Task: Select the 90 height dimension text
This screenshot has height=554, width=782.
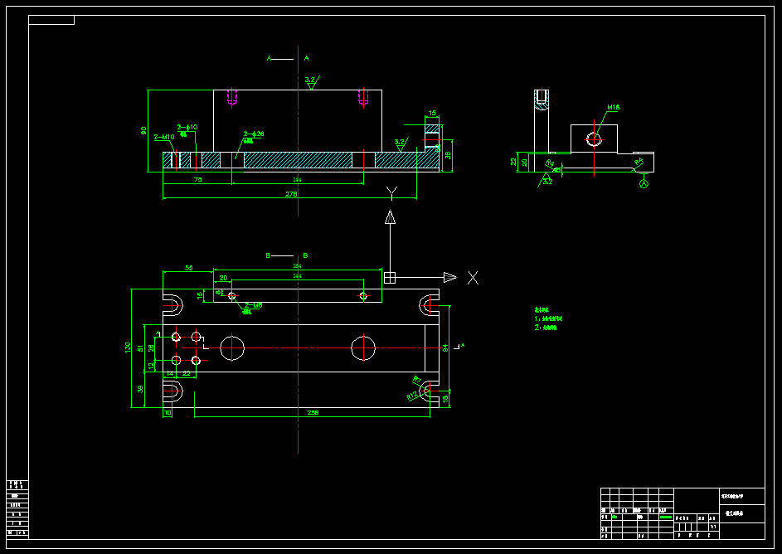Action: pyautogui.click(x=143, y=130)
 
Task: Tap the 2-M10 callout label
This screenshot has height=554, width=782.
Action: pyautogui.click(x=163, y=137)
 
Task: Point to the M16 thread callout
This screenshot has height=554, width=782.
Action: pyautogui.click(x=614, y=107)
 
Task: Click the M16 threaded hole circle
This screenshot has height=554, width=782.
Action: pyautogui.click(x=594, y=139)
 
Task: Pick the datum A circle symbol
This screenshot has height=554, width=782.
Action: pyautogui.click(x=643, y=184)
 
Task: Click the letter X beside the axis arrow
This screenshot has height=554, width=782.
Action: pyautogui.click(x=473, y=278)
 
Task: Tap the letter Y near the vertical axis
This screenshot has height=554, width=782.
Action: pyautogui.click(x=391, y=193)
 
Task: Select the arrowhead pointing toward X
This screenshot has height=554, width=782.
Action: pyautogui.click(x=449, y=277)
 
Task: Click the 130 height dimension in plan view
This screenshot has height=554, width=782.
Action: pyautogui.click(x=128, y=347)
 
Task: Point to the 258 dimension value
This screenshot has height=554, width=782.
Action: pyautogui.click(x=313, y=412)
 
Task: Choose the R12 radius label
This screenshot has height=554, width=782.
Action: pyautogui.click(x=412, y=396)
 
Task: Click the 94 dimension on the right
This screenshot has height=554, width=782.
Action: pyautogui.click(x=445, y=347)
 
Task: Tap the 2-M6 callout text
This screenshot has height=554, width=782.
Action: pyautogui.click(x=253, y=305)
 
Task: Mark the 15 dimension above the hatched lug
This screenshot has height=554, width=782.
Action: pyautogui.click(x=432, y=113)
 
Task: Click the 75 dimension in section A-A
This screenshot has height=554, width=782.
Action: pyautogui.click(x=197, y=179)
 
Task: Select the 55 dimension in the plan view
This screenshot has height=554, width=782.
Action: pyautogui.click(x=188, y=268)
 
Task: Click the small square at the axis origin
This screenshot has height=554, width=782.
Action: pyautogui.click(x=390, y=277)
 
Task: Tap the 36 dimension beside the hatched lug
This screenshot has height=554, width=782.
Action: pyautogui.click(x=448, y=154)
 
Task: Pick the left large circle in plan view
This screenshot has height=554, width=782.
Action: pyautogui.click(x=232, y=348)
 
